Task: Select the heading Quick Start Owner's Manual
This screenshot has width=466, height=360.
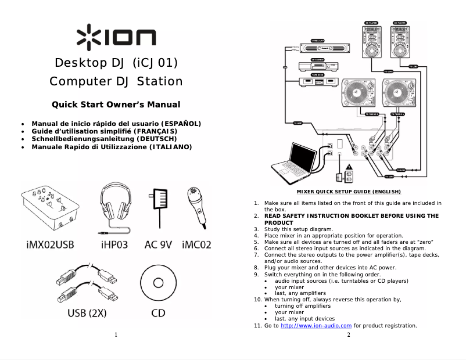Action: [116, 105]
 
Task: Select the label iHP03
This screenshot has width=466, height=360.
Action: [114, 244]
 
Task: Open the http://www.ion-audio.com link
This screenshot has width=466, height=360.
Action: [316, 326]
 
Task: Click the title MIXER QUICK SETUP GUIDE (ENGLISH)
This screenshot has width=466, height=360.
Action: [349, 192]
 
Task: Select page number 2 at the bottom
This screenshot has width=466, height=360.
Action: [349, 335]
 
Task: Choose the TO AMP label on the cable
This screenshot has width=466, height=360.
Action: [298, 123]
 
